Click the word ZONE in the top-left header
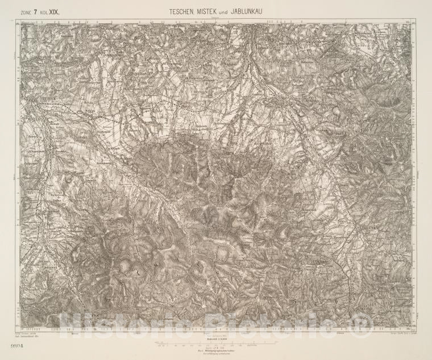coord(26,11)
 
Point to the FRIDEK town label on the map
coord(35,100)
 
